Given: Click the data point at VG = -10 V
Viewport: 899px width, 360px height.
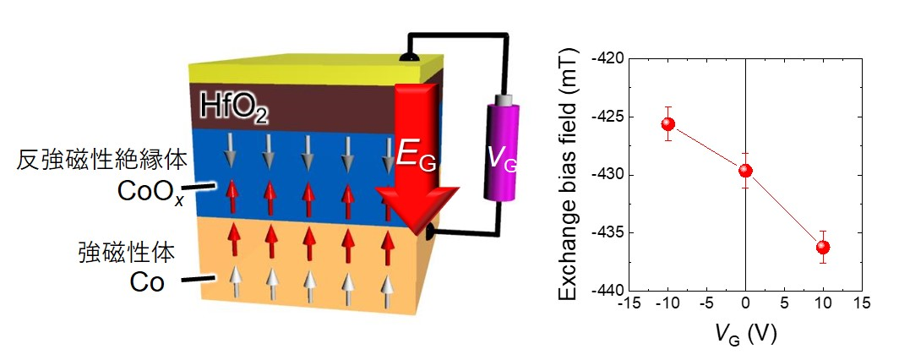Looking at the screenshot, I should [668, 124].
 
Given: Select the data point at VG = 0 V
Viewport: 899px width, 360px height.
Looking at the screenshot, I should [745, 171].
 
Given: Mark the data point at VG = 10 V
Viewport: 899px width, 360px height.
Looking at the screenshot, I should [823, 247].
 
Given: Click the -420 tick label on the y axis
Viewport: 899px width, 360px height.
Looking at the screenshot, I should [604, 59].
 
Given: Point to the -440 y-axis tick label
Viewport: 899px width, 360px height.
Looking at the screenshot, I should [604, 290].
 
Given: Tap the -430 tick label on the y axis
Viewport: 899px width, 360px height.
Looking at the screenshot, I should [604, 175].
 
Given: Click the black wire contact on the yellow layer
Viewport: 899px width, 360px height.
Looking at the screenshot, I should [408, 57].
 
